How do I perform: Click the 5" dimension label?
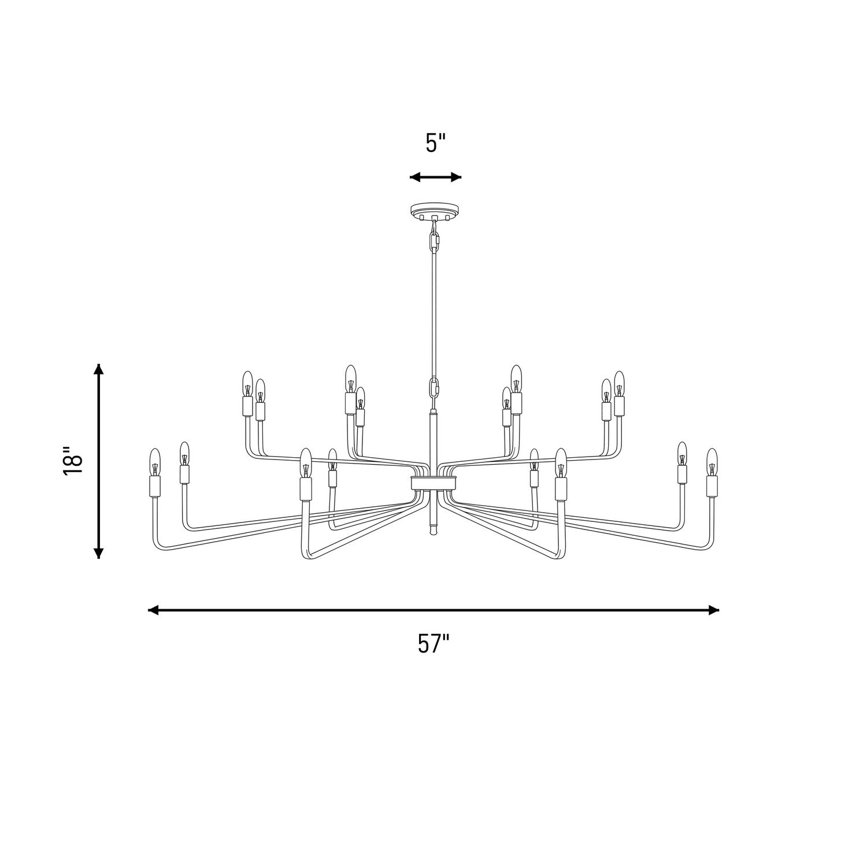(436, 143)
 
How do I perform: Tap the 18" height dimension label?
(74, 461)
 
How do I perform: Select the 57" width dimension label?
(433, 643)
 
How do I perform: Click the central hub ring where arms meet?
(434, 483)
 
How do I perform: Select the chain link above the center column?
(433, 388)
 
